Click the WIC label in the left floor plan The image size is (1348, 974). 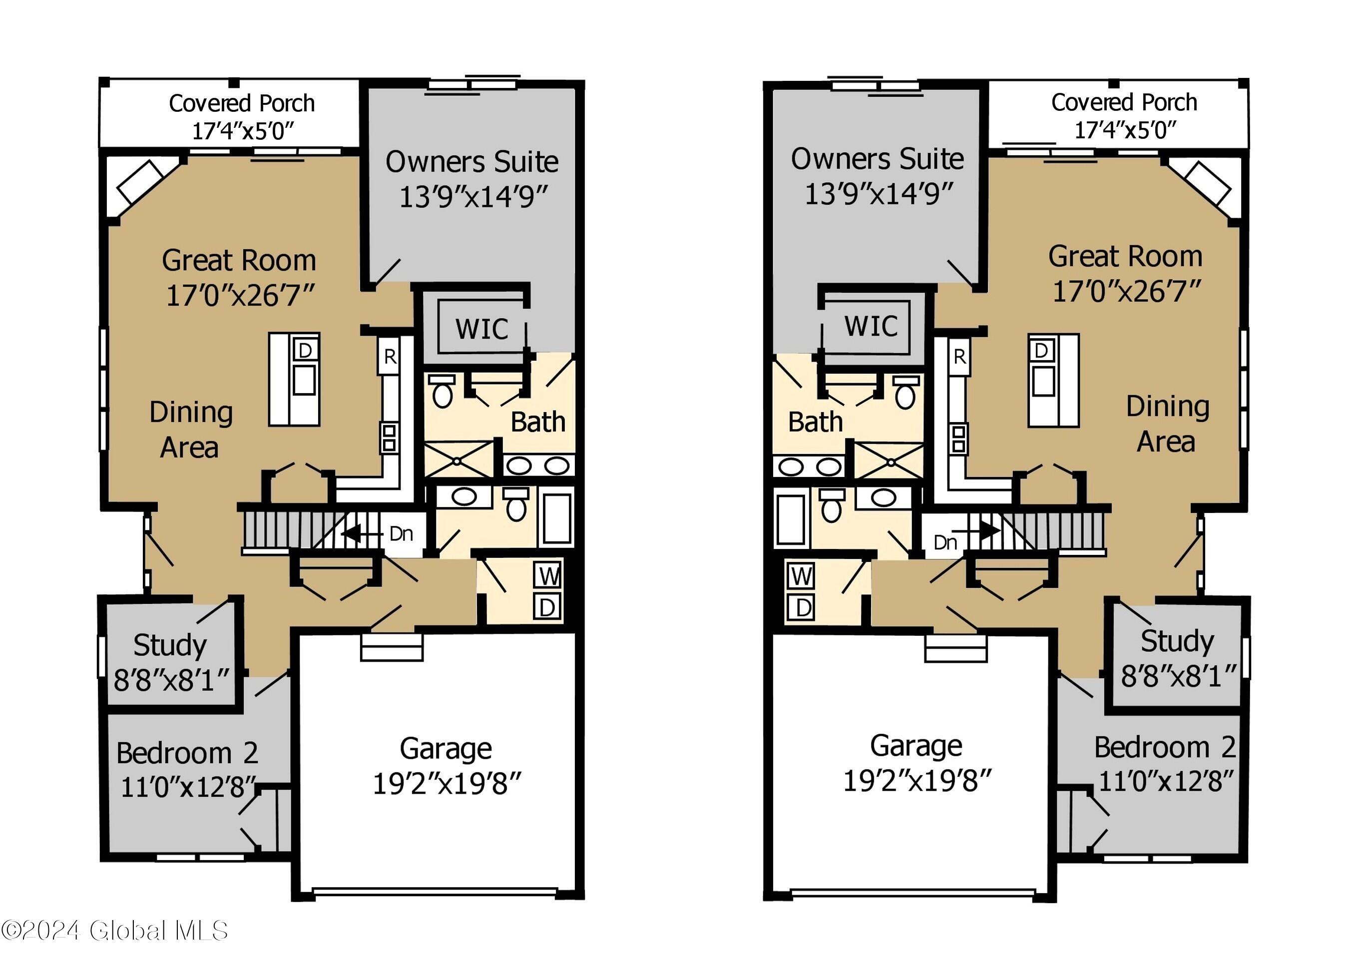point(481,329)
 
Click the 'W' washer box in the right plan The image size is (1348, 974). point(802,576)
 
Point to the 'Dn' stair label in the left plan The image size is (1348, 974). point(401,533)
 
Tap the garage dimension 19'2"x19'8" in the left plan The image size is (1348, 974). point(447,784)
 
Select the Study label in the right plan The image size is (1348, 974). point(1177,641)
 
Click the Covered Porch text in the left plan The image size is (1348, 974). point(241,103)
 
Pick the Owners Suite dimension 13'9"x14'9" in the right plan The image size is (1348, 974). point(879,194)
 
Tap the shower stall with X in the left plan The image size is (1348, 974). point(458,460)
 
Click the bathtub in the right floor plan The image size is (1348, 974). point(790,520)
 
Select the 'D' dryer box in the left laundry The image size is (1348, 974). point(547,607)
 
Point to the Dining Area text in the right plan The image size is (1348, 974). point(1167,424)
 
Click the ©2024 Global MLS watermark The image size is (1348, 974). point(114,931)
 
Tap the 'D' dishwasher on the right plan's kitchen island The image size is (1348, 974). point(1041,351)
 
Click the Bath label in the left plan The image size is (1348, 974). point(537,422)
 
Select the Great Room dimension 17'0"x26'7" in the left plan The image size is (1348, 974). point(240,295)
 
